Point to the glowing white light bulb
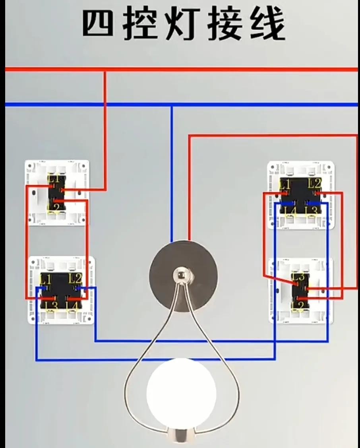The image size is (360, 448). [x=181, y=392]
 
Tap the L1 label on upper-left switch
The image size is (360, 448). [x=54, y=179]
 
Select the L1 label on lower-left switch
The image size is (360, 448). [x=45, y=278]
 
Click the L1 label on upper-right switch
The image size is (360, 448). [x=285, y=184]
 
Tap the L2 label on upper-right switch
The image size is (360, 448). [x=314, y=183]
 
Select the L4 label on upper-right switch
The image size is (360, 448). [x=290, y=211]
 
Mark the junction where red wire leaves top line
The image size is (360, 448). [x=105, y=70]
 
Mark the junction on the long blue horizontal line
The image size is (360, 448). [x=172, y=105]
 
